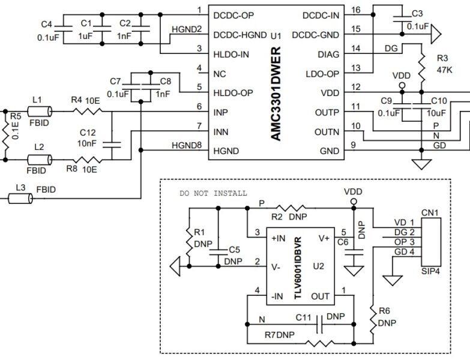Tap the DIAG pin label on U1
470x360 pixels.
pyautogui.click(x=328, y=55)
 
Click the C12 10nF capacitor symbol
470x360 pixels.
pyautogui.click(x=112, y=143)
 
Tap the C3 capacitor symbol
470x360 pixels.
pyautogui.click(x=397, y=21)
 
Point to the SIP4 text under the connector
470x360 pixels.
pyautogui.click(x=431, y=272)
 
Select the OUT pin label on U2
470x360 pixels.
pyautogui.click(x=319, y=296)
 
